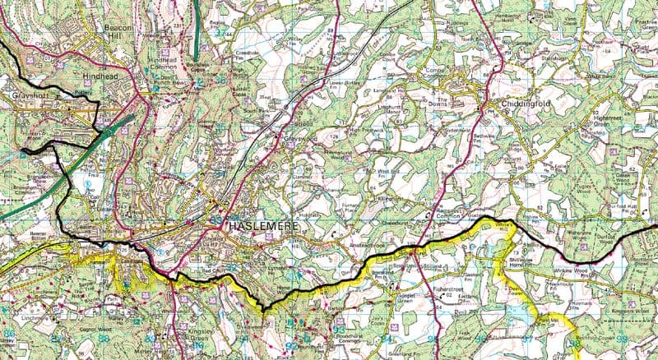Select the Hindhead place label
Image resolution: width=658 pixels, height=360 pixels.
[100, 76]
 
